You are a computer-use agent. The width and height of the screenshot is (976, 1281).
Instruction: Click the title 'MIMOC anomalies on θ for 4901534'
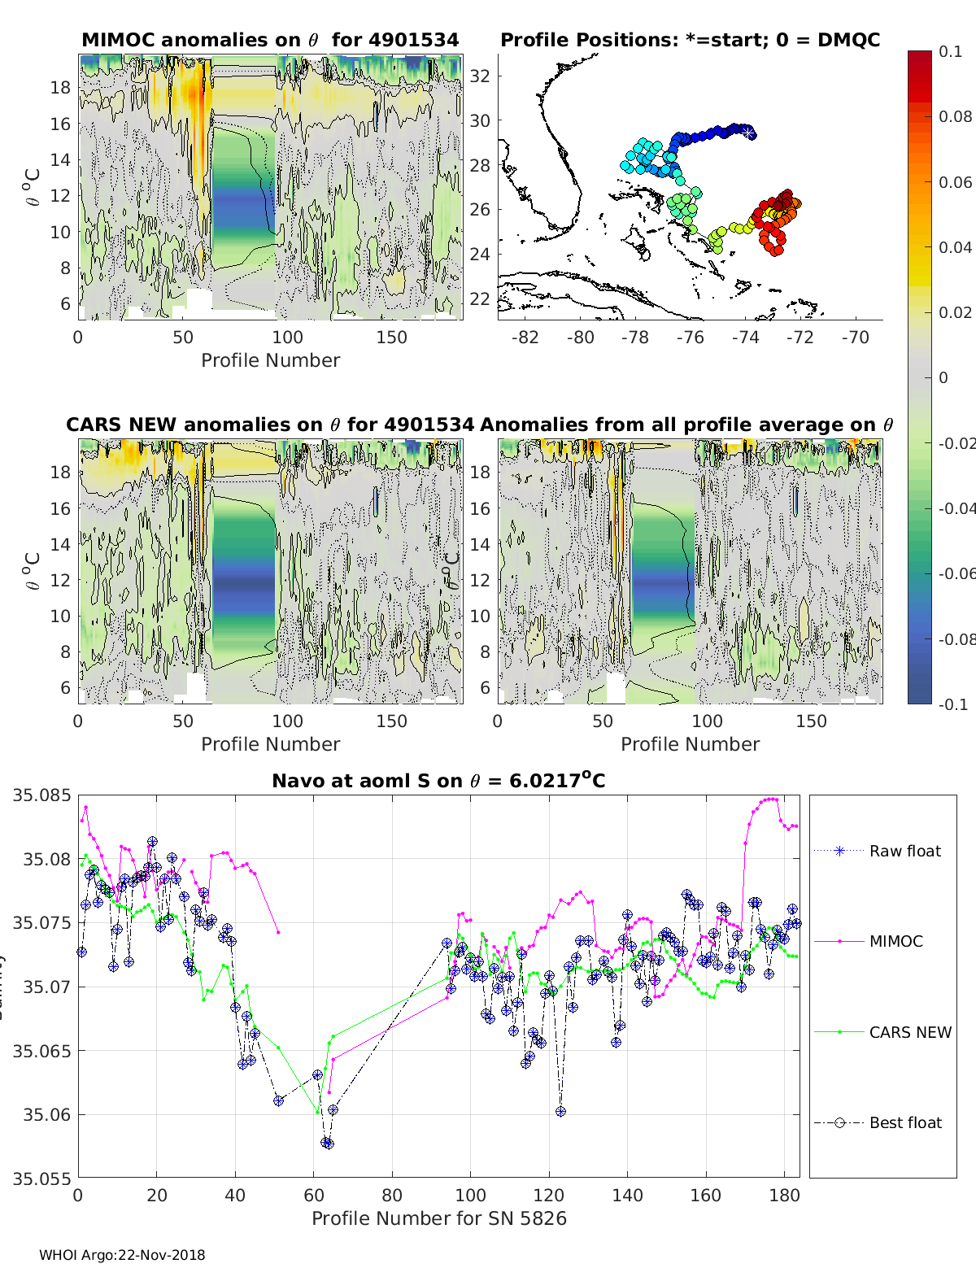pos(270,40)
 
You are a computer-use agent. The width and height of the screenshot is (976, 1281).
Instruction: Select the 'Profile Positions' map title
pos(690,40)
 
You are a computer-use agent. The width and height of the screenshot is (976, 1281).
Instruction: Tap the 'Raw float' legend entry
pos(904,851)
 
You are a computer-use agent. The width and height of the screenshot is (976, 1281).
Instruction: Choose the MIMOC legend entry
pos(895,941)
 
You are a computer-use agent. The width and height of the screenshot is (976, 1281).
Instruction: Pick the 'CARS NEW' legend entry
pos(909,1032)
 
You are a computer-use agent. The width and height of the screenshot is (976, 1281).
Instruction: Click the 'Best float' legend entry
pos(904,1122)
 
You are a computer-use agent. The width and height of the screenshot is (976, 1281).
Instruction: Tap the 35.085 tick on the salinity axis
pos(41,795)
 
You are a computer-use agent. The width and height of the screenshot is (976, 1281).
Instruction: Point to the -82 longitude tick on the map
pos(525,337)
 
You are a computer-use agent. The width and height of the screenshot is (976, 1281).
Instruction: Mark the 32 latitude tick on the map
pos(481,76)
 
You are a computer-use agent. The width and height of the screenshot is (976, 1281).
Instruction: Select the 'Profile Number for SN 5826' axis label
pos(438,1218)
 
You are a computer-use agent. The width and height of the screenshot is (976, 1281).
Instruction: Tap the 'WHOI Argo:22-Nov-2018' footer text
pos(122,1255)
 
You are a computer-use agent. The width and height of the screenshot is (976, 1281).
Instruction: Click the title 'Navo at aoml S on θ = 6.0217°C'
pos(438,781)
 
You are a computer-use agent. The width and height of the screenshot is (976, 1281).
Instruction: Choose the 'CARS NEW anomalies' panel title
pos(270,425)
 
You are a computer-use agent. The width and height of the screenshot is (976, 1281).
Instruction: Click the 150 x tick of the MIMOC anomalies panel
pos(392,337)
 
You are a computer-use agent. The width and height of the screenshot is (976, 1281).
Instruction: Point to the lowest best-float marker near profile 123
pos(560,1111)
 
